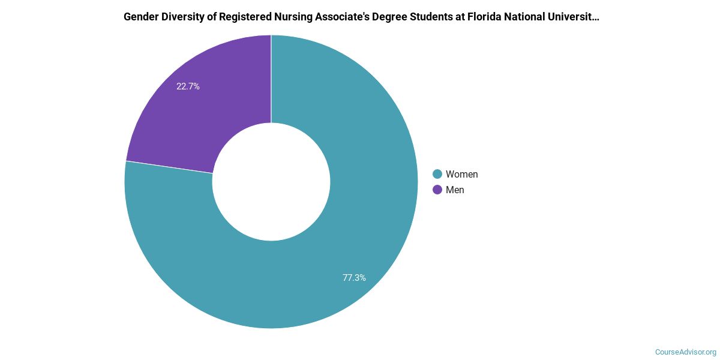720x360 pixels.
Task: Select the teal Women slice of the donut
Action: (x=336, y=240)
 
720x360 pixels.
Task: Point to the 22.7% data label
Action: (x=188, y=86)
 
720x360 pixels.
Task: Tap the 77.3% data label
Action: (x=354, y=278)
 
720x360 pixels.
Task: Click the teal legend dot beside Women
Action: (x=437, y=174)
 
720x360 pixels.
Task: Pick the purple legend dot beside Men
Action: (x=437, y=190)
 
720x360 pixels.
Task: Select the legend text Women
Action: (x=461, y=174)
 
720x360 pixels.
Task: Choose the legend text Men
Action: (x=455, y=190)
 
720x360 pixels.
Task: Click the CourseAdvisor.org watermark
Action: (x=685, y=352)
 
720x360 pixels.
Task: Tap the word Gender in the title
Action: (x=141, y=17)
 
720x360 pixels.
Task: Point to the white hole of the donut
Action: (x=271, y=182)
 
